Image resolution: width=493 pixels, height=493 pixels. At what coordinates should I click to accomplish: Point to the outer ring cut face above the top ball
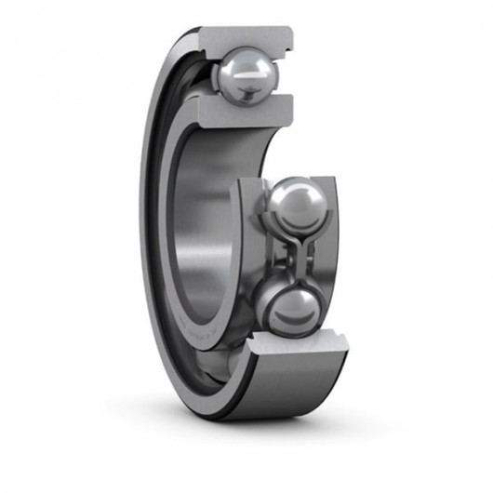pyautogui.click(x=246, y=39)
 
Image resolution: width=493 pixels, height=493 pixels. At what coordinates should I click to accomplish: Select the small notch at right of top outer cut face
pyautogui.click(x=291, y=39)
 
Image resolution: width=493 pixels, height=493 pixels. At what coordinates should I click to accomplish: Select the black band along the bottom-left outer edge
pyautogui.click(x=186, y=372)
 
